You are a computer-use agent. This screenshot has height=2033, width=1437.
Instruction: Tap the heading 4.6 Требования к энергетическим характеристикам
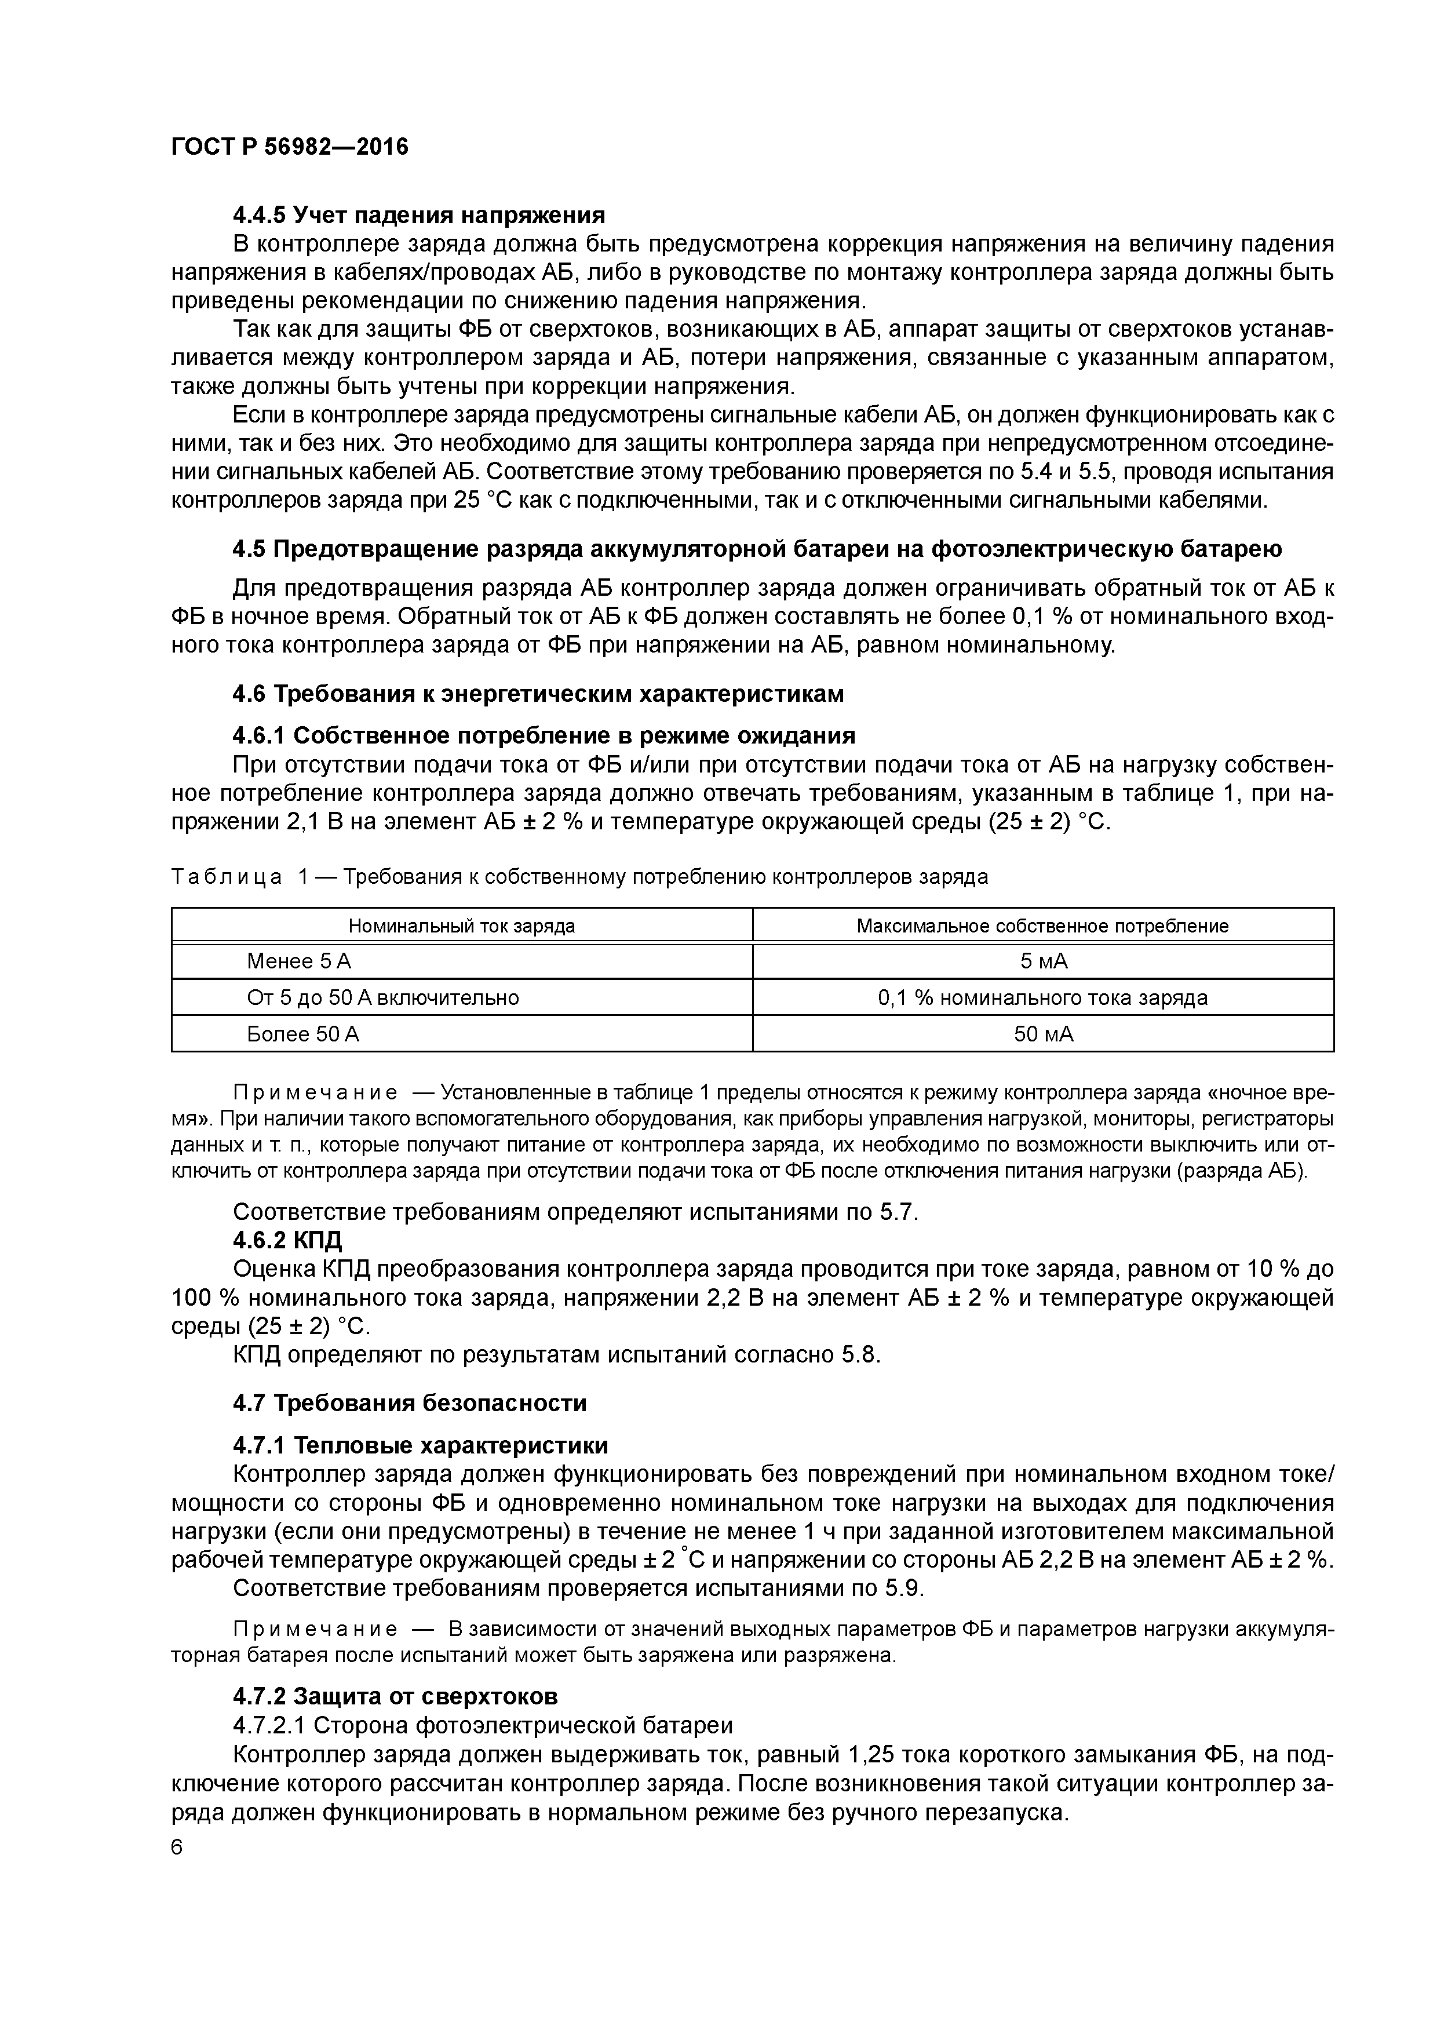coord(538,694)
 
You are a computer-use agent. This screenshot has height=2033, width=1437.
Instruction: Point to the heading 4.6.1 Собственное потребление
coord(544,736)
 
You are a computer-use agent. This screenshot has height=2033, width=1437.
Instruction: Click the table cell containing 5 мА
coord(1043,961)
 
